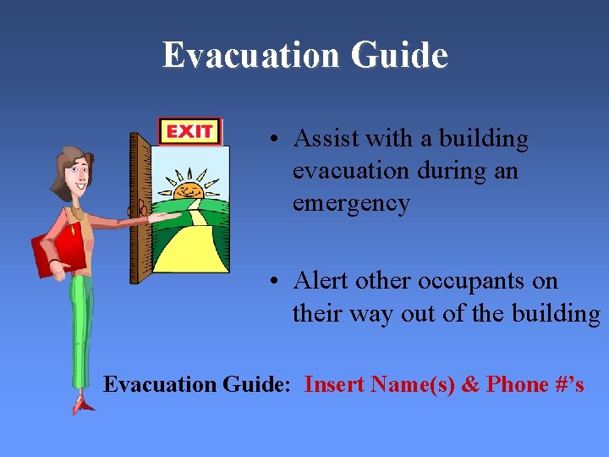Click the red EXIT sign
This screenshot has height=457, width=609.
coord(189,131)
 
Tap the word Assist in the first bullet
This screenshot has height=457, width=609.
coord(326,139)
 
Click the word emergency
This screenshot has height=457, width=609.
coord(351,203)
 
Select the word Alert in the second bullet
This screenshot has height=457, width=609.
coord(320,281)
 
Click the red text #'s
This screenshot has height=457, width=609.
coord(569,384)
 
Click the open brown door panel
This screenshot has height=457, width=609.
coord(140,207)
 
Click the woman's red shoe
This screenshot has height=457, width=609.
coord(84,406)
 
